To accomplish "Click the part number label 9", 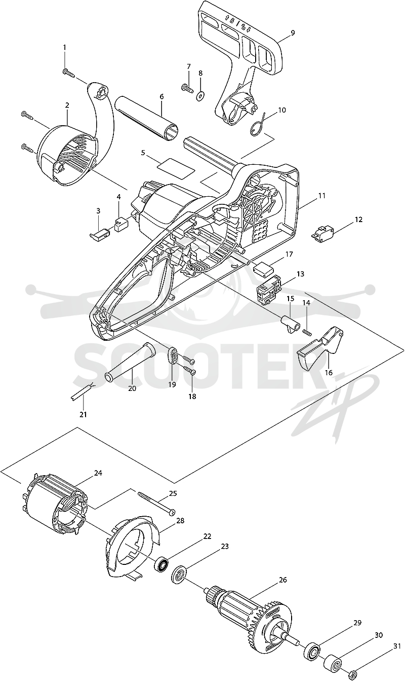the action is (x=293, y=33).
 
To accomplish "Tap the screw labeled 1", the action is (x=69, y=73).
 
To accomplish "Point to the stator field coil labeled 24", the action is (x=55, y=507).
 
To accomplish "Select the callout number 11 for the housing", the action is (x=322, y=196).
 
